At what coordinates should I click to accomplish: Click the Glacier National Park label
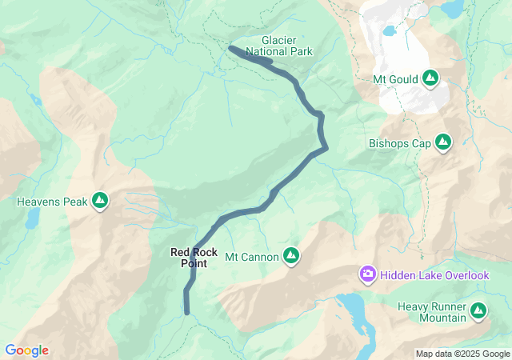coord(279,46)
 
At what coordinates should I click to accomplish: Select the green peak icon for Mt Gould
coord(430,78)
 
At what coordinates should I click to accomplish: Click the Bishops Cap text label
coord(399,144)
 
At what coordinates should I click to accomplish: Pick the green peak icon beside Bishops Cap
coord(442,143)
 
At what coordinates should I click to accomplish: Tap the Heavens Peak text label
coord(51,202)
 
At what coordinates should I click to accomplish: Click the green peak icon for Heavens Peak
coord(100,200)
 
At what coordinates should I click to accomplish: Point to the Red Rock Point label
coord(194,258)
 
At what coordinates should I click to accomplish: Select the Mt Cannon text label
coord(252,257)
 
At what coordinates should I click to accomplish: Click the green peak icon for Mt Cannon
coord(292,256)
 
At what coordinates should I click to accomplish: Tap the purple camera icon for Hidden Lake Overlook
coord(368,275)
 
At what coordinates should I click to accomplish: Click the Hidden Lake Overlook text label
coord(434,275)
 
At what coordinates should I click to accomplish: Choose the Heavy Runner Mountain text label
coord(432,312)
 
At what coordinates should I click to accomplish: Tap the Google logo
coord(26,350)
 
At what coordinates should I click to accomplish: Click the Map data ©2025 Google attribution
coord(462,354)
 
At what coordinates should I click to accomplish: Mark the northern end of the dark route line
coord(231,49)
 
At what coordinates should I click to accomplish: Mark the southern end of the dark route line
coord(187,311)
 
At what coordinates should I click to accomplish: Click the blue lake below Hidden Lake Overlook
coord(353,309)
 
